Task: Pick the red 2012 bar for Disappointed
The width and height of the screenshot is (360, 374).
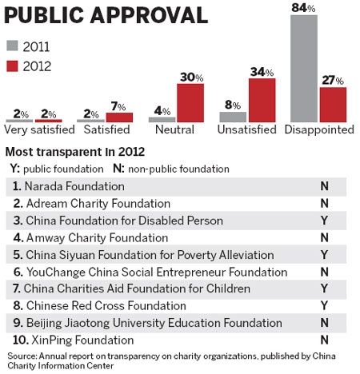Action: [332, 105]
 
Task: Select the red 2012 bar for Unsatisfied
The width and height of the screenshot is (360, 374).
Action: [262, 100]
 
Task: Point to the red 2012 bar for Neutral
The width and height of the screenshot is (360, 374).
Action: [190, 103]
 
